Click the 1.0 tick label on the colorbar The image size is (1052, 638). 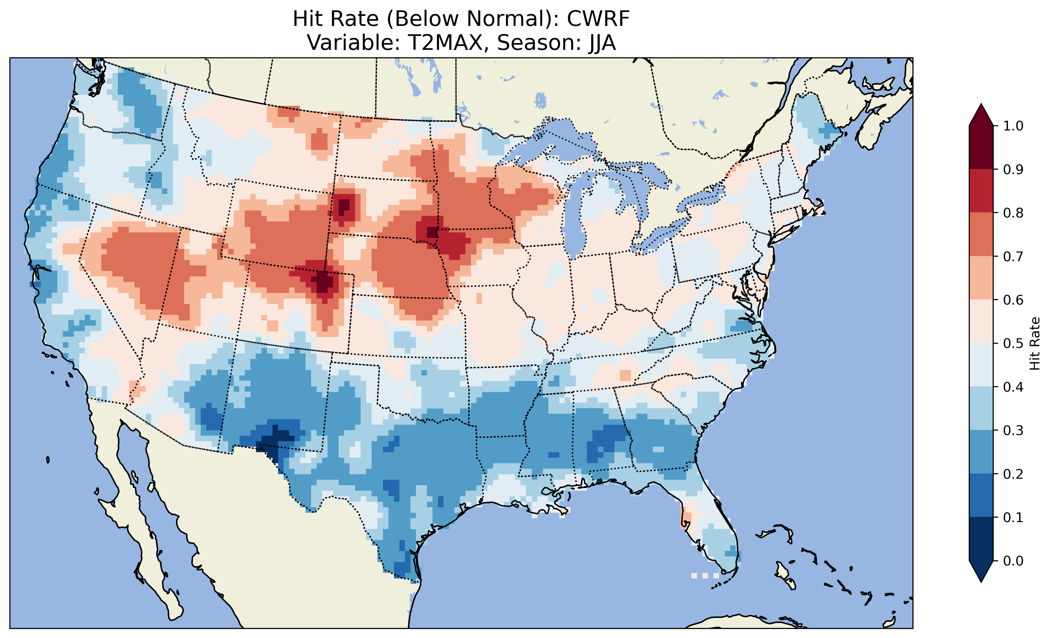[x=1013, y=126]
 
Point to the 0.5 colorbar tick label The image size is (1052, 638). [x=1013, y=343]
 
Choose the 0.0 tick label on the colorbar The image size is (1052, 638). [x=1013, y=561]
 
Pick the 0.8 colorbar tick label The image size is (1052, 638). [x=1013, y=213]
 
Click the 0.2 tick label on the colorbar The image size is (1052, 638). [x=1013, y=474]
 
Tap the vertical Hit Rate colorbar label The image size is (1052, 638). [x=1035, y=343]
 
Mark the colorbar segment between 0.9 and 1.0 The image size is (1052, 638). [x=981, y=147]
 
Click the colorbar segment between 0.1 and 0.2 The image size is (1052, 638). [x=981, y=495]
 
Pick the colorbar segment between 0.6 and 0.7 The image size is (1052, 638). [x=981, y=278]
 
